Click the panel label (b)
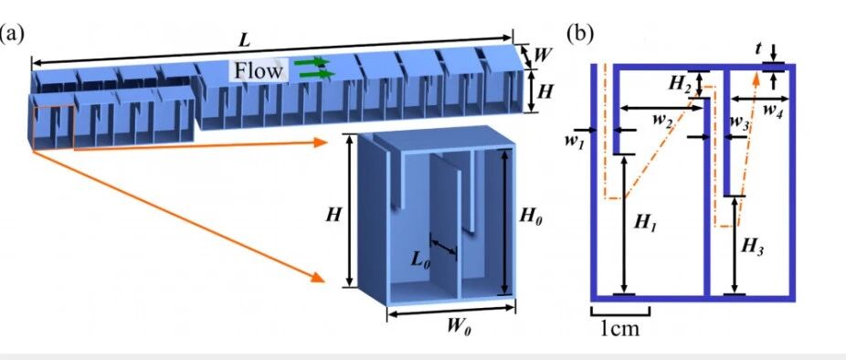tap(580, 34)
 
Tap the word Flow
tap(259, 70)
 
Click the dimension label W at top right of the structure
tap(542, 55)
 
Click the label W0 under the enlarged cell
tap(455, 326)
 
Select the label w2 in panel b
tap(661, 120)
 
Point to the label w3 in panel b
tap(738, 122)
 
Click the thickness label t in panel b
tap(758, 49)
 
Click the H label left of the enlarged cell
tap(333, 215)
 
